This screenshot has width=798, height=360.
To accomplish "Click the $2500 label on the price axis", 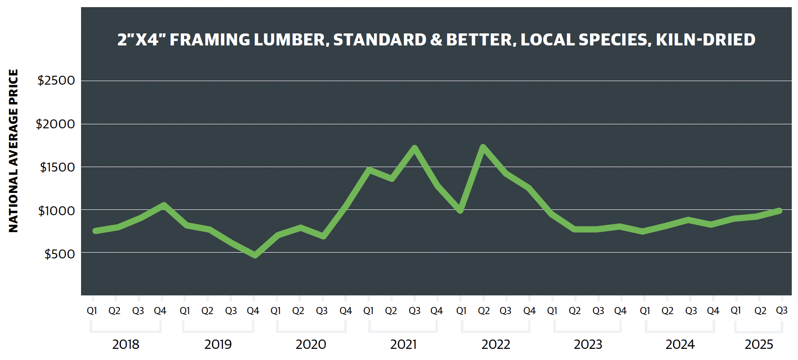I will click(x=56, y=81).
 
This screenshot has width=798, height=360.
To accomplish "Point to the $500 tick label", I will click(x=60, y=254).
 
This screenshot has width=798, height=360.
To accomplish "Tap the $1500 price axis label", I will click(x=57, y=168).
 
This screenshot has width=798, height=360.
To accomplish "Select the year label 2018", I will click(x=126, y=344).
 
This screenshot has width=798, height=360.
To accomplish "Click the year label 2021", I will click(x=403, y=344).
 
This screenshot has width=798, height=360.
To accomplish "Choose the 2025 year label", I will click(x=759, y=344).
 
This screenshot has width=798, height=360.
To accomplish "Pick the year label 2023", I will click(x=588, y=344).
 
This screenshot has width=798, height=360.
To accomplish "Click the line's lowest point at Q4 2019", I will click(x=255, y=255).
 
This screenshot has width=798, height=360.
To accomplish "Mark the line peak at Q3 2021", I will click(x=415, y=147).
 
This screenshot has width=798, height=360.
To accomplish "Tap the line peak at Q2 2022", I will click(x=483, y=147).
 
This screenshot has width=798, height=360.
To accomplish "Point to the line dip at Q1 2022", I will click(x=460, y=210).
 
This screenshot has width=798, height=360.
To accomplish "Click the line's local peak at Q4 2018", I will click(x=163, y=205).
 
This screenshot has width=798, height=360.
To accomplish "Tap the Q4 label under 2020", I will click(x=346, y=311).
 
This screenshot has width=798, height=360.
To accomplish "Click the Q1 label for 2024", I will click(x=644, y=311).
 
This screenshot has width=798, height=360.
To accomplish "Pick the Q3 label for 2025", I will click(x=782, y=311).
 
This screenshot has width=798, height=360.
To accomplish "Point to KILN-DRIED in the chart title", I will click(x=705, y=40).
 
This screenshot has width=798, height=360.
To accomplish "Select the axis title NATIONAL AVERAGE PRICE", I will click(x=14, y=151).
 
